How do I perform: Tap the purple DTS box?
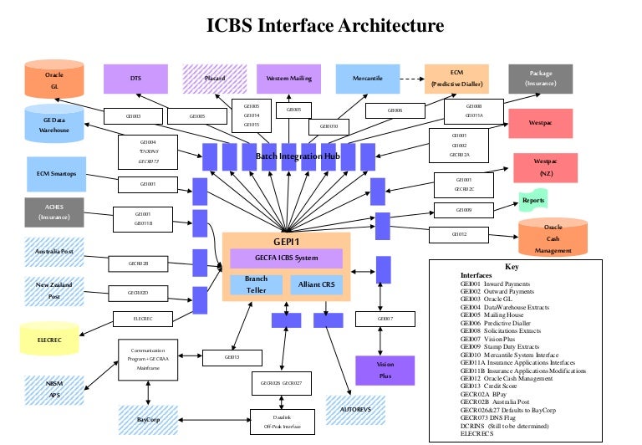coord(135,79)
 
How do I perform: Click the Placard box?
coord(215,79)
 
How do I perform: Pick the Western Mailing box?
coord(289,79)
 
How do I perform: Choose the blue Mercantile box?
coord(368,79)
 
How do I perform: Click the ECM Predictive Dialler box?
coord(456,79)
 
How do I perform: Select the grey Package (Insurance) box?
coord(539,79)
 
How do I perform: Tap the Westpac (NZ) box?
coord(545,168)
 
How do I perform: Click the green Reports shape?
coord(532,201)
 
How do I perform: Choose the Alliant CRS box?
coord(316,284)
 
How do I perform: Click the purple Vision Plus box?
coord(385,371)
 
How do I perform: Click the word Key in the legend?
coord(512,267)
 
